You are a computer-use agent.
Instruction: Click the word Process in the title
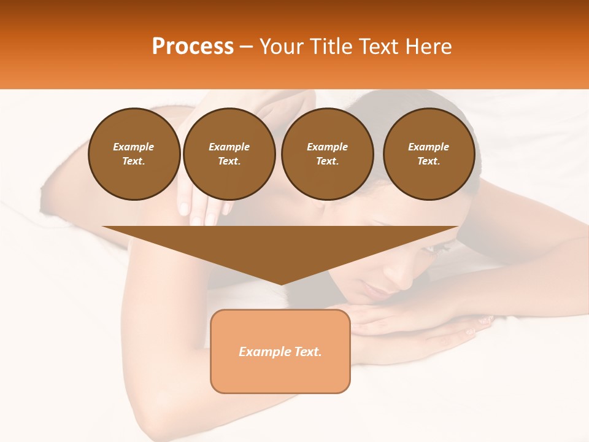[193, 47]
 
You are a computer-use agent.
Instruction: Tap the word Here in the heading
[428, 47]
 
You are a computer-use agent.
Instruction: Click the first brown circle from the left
[134, 153]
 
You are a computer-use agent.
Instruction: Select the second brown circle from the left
[229, 153]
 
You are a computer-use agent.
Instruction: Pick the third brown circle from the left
[327, 153]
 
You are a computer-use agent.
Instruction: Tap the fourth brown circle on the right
[429, 153]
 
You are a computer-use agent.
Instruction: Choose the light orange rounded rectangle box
[280, 351]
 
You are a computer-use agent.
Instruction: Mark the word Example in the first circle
[134, 147]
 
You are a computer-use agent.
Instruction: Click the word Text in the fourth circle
[428, 161]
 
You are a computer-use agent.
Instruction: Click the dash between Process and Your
[247, 47]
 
